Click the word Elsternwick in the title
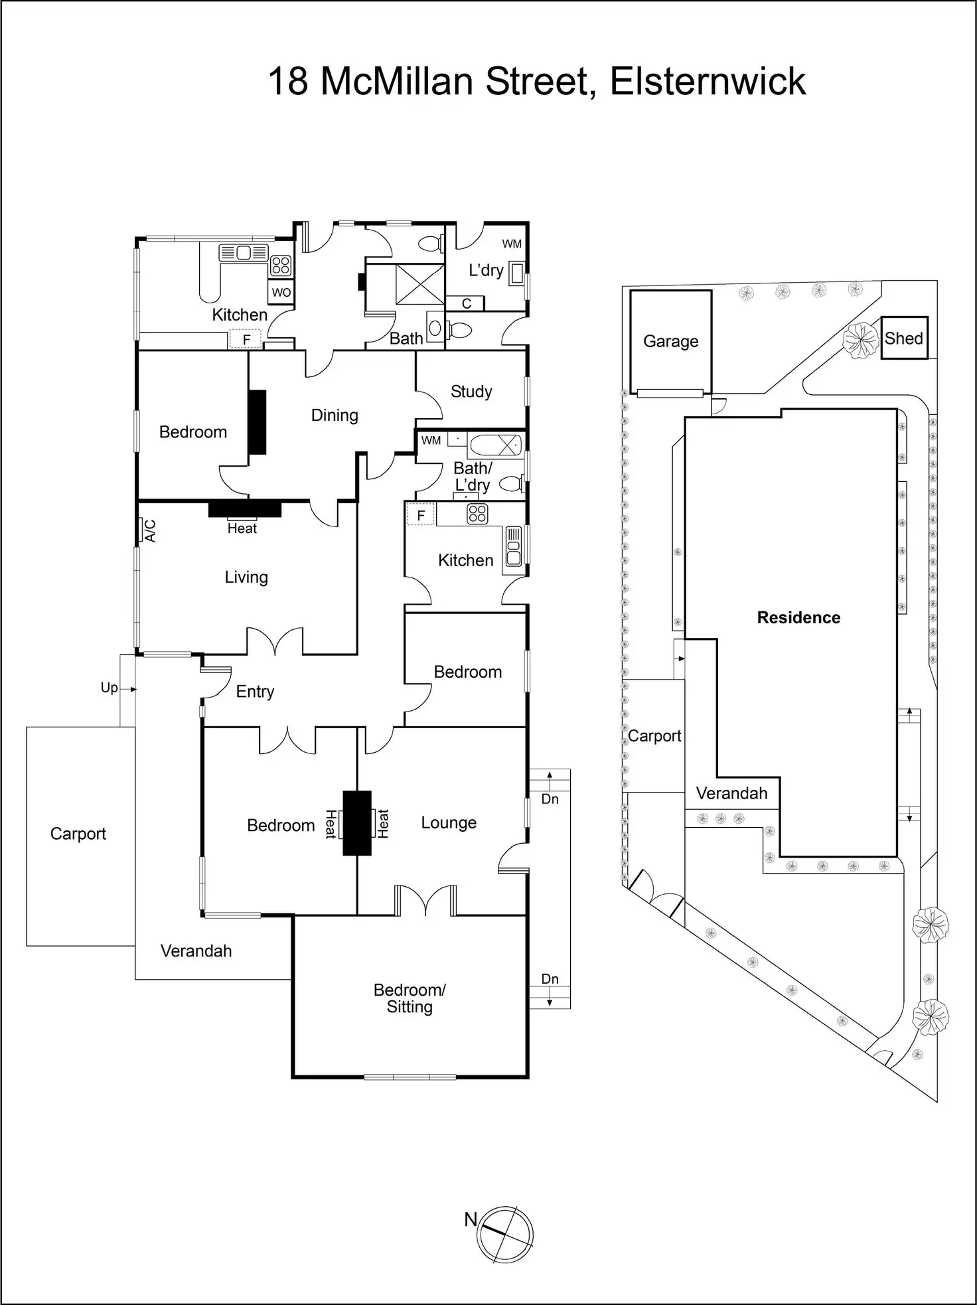click(708, 82)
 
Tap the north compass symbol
click(506, 1234)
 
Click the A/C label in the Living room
click(151, 530)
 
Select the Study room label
click(471, 392)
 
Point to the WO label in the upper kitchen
click(281, 293)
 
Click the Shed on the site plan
click(904, 339)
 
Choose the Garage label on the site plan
click(670, 341)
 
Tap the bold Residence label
click(798, 618)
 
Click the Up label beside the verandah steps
click(110, 688)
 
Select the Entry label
click(255, 692)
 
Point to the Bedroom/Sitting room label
click(410, 998)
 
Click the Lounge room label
click(449, 823)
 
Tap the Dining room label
click(335, 416)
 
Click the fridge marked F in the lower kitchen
click(421, 515)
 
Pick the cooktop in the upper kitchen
click(281, 266)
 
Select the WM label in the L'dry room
click(512, 244)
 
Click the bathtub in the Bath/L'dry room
click(494, 444)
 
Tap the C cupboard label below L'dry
click(467, 303)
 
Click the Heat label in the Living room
click(242, 528)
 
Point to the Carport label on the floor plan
click(78, 834)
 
